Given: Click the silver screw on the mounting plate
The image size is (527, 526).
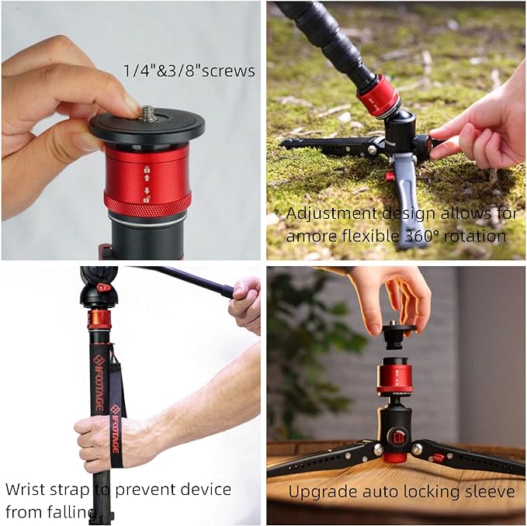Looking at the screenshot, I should [x=147, y=114].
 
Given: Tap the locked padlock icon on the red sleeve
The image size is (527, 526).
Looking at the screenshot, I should [x=147, y=168].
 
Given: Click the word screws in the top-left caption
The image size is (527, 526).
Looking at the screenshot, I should [x=226, y=71].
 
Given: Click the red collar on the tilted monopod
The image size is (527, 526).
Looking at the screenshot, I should [x=379, y=96].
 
